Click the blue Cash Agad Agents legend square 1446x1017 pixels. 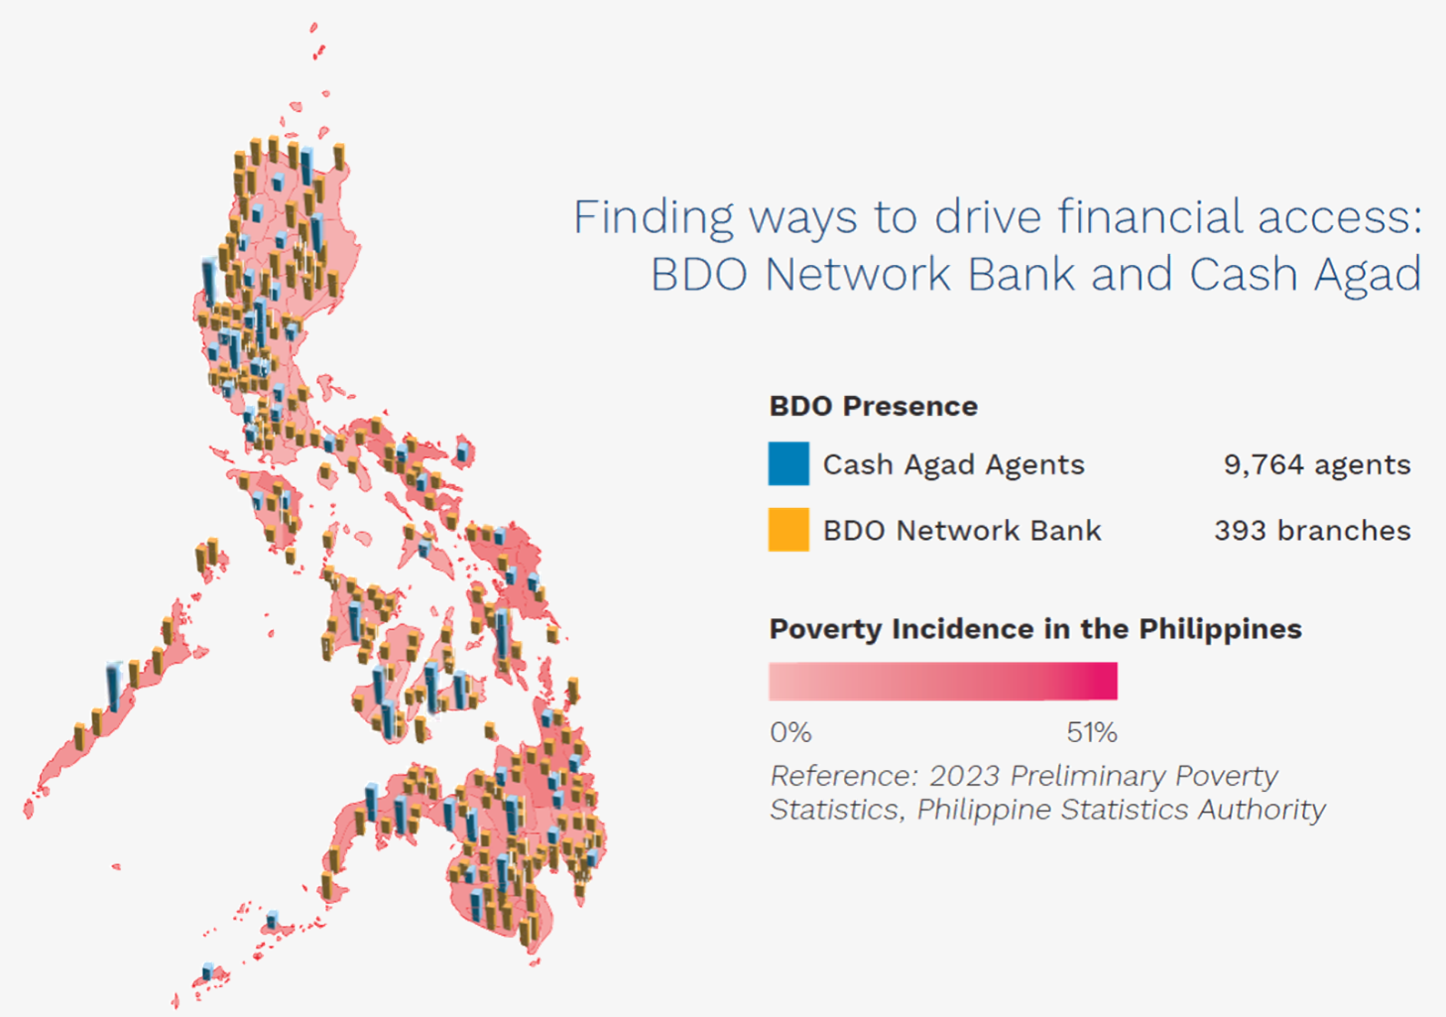(789, 463)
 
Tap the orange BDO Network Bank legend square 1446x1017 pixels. (789, 530)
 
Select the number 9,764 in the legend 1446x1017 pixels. (1263, 464)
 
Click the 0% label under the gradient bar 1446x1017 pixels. (790, 732)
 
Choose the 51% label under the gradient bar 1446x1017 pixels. (1092, 732)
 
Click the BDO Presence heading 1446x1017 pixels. (873, 407)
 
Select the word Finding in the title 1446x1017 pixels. (653, 219)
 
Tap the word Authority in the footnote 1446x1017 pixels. (1261, 809)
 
